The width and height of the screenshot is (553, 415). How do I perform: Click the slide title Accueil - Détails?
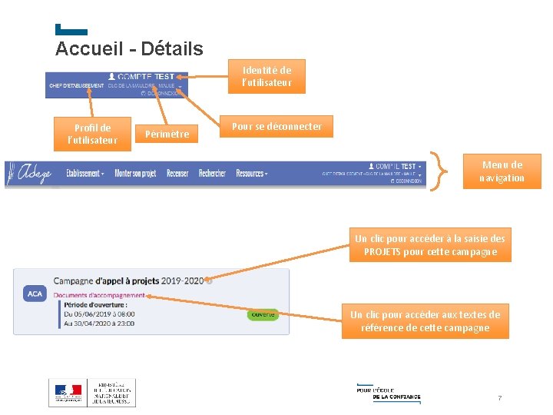129,49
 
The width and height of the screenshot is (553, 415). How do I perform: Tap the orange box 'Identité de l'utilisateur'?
267,76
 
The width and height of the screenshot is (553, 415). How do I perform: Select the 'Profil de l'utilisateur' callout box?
92,134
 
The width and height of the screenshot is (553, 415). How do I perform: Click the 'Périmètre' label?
167,134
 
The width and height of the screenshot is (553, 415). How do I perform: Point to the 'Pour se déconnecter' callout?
277,126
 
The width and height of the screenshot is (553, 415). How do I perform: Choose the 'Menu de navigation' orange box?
502,171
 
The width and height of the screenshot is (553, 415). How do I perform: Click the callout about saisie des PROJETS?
430,245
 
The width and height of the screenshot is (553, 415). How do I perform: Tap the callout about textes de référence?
425,321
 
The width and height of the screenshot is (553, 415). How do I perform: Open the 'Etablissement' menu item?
84,174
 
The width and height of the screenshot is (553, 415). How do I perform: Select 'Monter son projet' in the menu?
135,174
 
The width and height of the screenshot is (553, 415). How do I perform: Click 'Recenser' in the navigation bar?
177,174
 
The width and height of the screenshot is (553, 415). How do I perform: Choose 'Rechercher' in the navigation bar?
212,174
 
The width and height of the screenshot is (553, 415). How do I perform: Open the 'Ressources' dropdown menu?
251,174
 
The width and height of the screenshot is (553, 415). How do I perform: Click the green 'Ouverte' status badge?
263,314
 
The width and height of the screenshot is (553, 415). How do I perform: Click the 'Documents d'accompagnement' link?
99,295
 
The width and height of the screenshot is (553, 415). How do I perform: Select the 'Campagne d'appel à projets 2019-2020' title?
128,281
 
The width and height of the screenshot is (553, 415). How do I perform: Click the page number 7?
499,398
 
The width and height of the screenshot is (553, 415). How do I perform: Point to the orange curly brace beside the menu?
442,171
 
